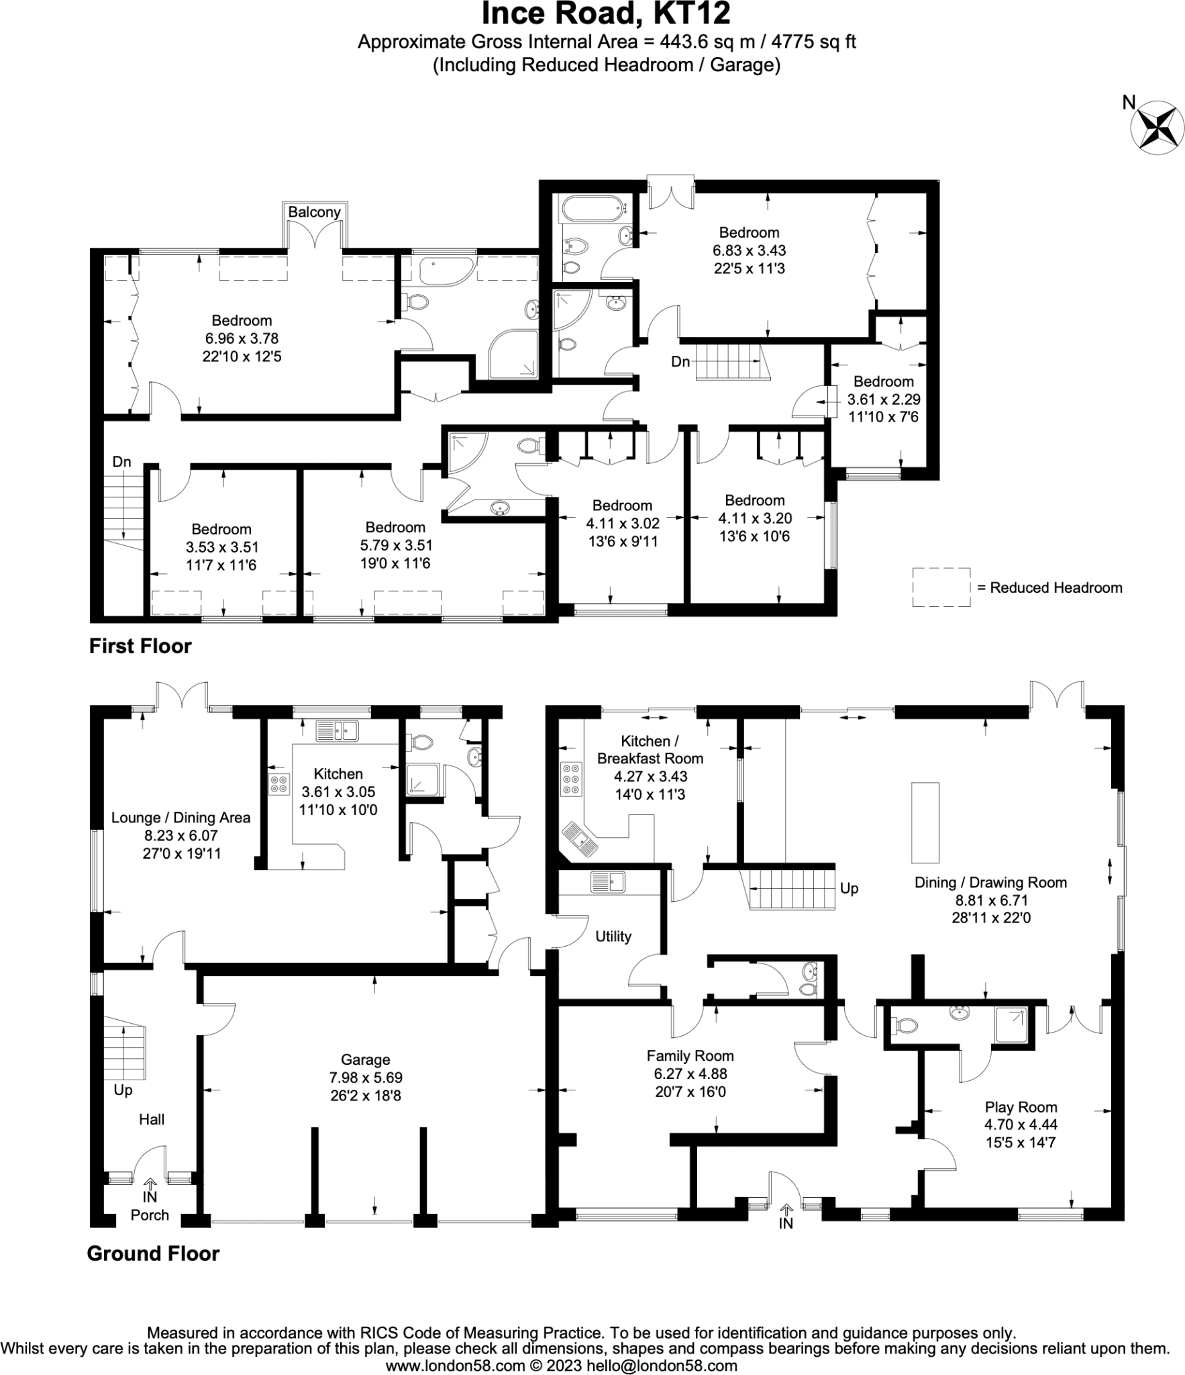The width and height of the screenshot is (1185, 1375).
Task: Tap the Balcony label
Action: [x=314, y=212]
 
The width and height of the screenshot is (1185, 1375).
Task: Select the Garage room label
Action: [x=365, y=1059]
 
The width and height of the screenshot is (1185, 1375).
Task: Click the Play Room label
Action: [x=1020, y=1107]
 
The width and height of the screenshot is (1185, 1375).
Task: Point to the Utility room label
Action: [x=613, y=936]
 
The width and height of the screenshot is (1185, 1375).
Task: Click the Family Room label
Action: [x=690, y=1055]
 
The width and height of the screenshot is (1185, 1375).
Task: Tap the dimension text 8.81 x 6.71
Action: [x=990, y=900]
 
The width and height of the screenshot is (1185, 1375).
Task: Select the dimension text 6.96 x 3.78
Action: [x=242, y=338]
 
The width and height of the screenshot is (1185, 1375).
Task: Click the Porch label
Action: [x=150, y=1215]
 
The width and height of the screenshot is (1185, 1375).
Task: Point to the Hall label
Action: [x=152, y=1119]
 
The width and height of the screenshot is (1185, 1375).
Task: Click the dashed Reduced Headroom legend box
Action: [x=941, y=587]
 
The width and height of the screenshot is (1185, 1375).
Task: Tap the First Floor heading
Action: [x=140, y=646]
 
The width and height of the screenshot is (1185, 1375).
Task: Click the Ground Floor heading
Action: [x=153, y=1253]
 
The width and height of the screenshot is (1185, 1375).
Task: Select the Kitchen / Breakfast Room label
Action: [x=650, y=750]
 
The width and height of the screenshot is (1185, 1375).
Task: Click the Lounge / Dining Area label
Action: [x=181, y=817]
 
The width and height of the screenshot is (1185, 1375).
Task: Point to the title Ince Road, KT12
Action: [x=606, y=13]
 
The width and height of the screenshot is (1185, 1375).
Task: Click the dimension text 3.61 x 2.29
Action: [x=883, y=399]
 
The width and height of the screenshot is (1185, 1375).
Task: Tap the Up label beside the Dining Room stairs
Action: [x=849, y=888]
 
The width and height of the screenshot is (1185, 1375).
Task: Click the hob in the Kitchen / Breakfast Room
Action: [x=572, y=779]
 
